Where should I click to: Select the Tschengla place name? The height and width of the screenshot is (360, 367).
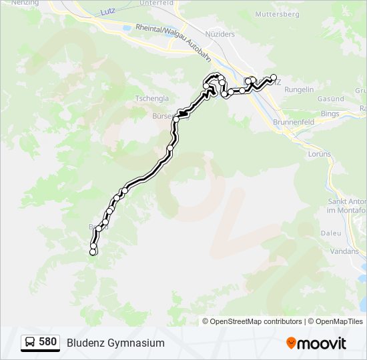pos(152,97)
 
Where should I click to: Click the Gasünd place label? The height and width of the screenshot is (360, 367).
pos(330,99)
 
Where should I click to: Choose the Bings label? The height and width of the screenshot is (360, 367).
pos(330,114)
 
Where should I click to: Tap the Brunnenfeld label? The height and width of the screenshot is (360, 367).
pos(294,123)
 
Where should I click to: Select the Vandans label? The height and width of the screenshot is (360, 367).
pos(344,251)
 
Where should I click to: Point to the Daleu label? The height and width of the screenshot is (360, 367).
pos(332,233)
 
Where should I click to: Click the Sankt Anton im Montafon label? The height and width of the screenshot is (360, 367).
pos(347,205)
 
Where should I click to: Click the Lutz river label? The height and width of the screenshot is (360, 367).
pos(107,12)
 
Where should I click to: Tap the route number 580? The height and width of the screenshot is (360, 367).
pos(48,342)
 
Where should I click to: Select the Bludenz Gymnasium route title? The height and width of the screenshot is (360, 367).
pos(115,343)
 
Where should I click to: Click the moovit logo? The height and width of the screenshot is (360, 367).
pos(316,343)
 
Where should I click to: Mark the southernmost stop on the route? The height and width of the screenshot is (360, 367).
pos(93,252)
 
